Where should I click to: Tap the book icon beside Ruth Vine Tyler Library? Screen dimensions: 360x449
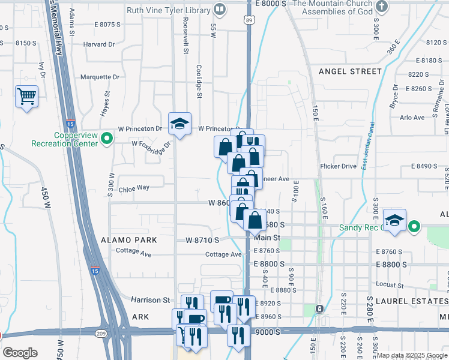point(220,10)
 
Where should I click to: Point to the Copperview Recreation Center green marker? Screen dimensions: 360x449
point(107,139)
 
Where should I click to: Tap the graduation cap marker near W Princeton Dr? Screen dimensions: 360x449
point(179,124)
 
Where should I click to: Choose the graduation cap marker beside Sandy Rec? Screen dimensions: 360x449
point(394,220)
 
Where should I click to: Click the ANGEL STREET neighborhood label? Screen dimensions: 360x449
point(350,71)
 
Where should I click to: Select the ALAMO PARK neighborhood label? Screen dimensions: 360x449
point(129,239)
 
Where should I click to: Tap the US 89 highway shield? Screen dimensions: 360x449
point(249,20)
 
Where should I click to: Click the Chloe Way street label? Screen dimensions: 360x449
point(134,187)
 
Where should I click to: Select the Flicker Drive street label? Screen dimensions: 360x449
point(339,166)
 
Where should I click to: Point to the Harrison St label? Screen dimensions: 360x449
point(151,299)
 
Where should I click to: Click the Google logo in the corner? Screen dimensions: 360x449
point(20,353)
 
